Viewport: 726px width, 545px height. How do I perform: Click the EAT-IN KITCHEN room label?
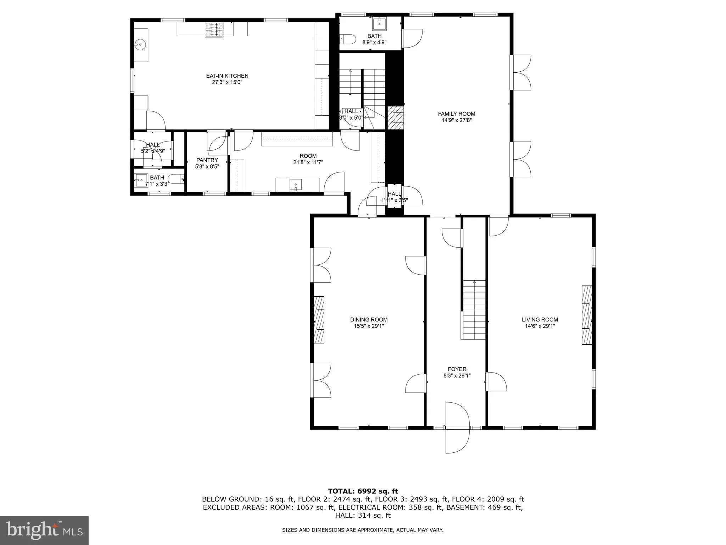[227, 76]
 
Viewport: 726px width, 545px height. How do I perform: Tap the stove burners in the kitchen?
[214, 29]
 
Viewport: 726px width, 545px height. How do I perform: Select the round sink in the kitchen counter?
[140, 45]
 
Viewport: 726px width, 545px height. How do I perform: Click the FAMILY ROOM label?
[457, 114]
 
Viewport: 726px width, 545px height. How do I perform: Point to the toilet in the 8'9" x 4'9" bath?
[348, 39]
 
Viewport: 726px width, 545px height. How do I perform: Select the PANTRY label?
[207, 160]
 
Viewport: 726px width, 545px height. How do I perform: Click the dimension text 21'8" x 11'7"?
[308, 163]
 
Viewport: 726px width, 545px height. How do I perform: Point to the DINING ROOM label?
[369, 319]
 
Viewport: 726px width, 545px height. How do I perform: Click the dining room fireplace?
[319, 319]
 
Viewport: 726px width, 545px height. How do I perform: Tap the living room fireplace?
[587, 315]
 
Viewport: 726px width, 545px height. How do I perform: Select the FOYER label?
[457, 369]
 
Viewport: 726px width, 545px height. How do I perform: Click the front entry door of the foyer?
[457, 428]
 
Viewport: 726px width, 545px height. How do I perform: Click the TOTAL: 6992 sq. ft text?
[363, 491]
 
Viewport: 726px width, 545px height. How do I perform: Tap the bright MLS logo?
[44, 530]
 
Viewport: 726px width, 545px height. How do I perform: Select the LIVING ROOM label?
[540, 319]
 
